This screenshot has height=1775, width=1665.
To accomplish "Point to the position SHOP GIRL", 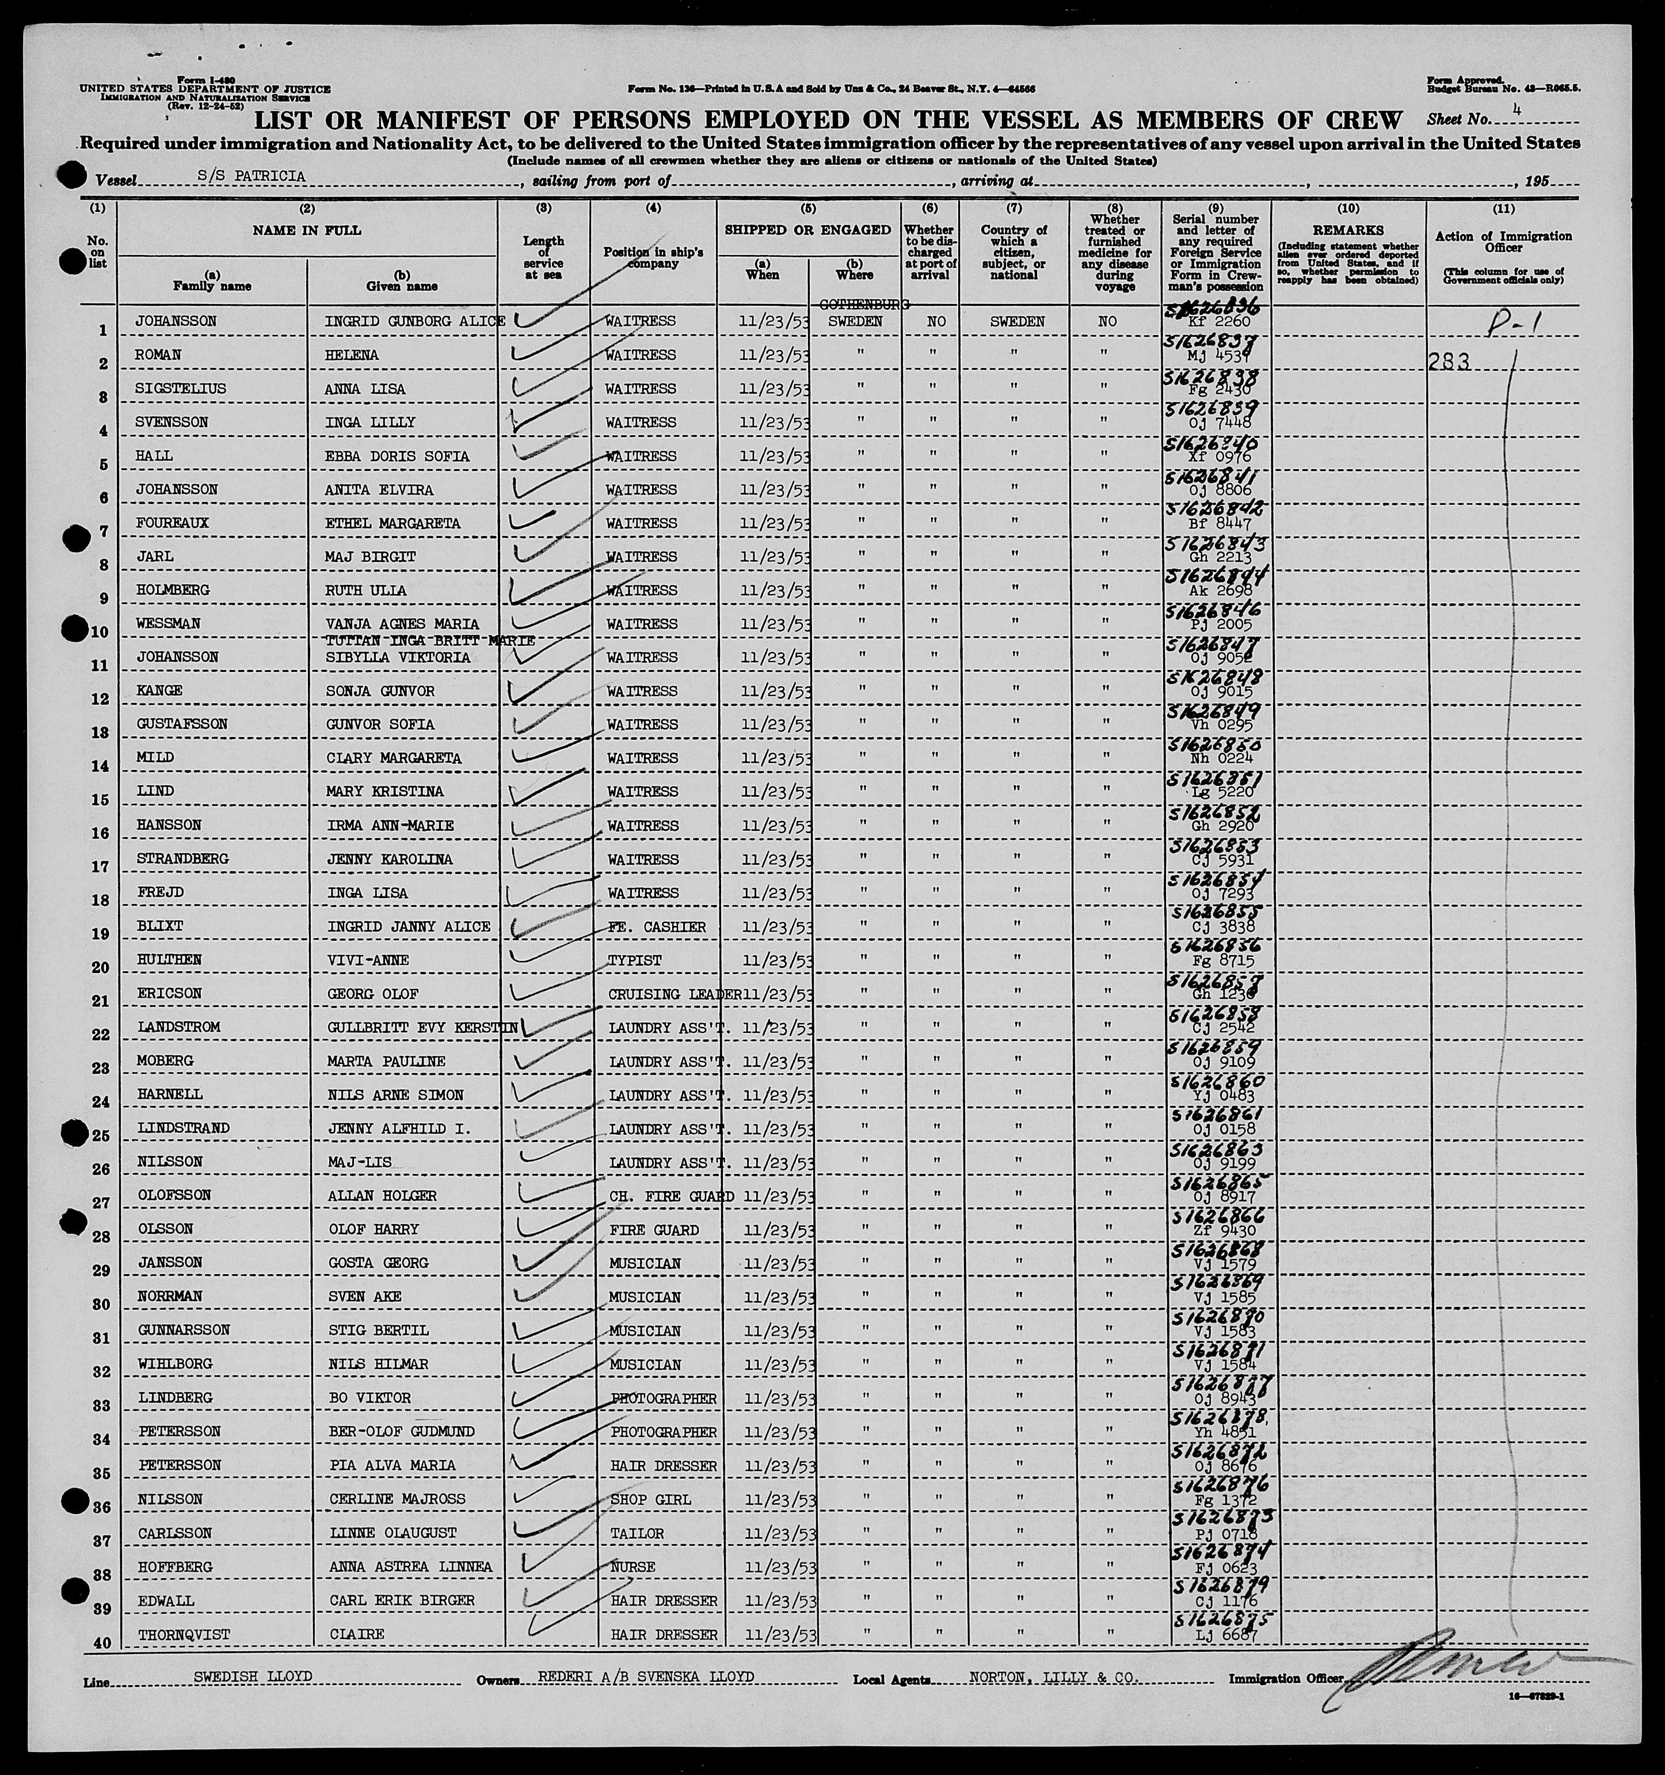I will pos(646,1499).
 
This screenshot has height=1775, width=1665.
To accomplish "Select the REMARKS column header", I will pos(1347,230).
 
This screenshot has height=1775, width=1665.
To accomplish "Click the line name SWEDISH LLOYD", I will pos(253,1677).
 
